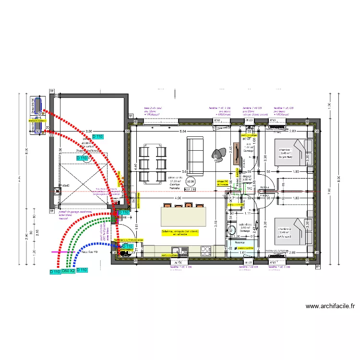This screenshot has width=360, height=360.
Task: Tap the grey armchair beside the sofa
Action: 221,153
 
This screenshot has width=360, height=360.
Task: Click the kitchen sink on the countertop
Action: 177,251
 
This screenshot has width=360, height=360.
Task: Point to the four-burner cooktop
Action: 205,250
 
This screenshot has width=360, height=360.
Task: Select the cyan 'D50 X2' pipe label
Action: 69,271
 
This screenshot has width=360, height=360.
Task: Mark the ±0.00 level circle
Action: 191,181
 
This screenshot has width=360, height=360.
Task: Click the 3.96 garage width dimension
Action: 88,131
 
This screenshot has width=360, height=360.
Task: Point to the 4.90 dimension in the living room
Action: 178,198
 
